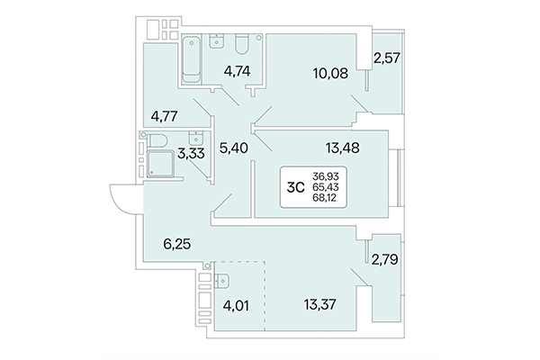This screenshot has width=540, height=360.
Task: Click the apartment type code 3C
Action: [x=293, y=187]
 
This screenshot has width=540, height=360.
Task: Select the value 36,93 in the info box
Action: [x=327, y=176]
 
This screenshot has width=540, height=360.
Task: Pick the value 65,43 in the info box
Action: [x=327, y=187]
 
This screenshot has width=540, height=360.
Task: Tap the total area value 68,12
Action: [x=327, y=199]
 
